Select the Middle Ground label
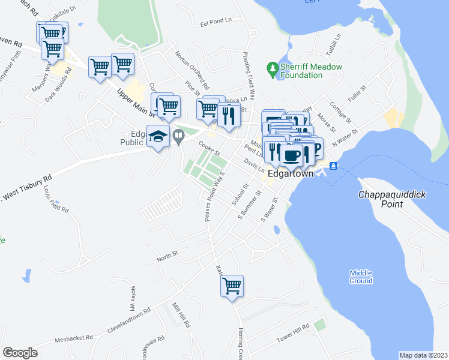point(361,277)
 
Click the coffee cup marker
point(292,155)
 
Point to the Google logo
point(20,353)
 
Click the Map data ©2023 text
point(423,355)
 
